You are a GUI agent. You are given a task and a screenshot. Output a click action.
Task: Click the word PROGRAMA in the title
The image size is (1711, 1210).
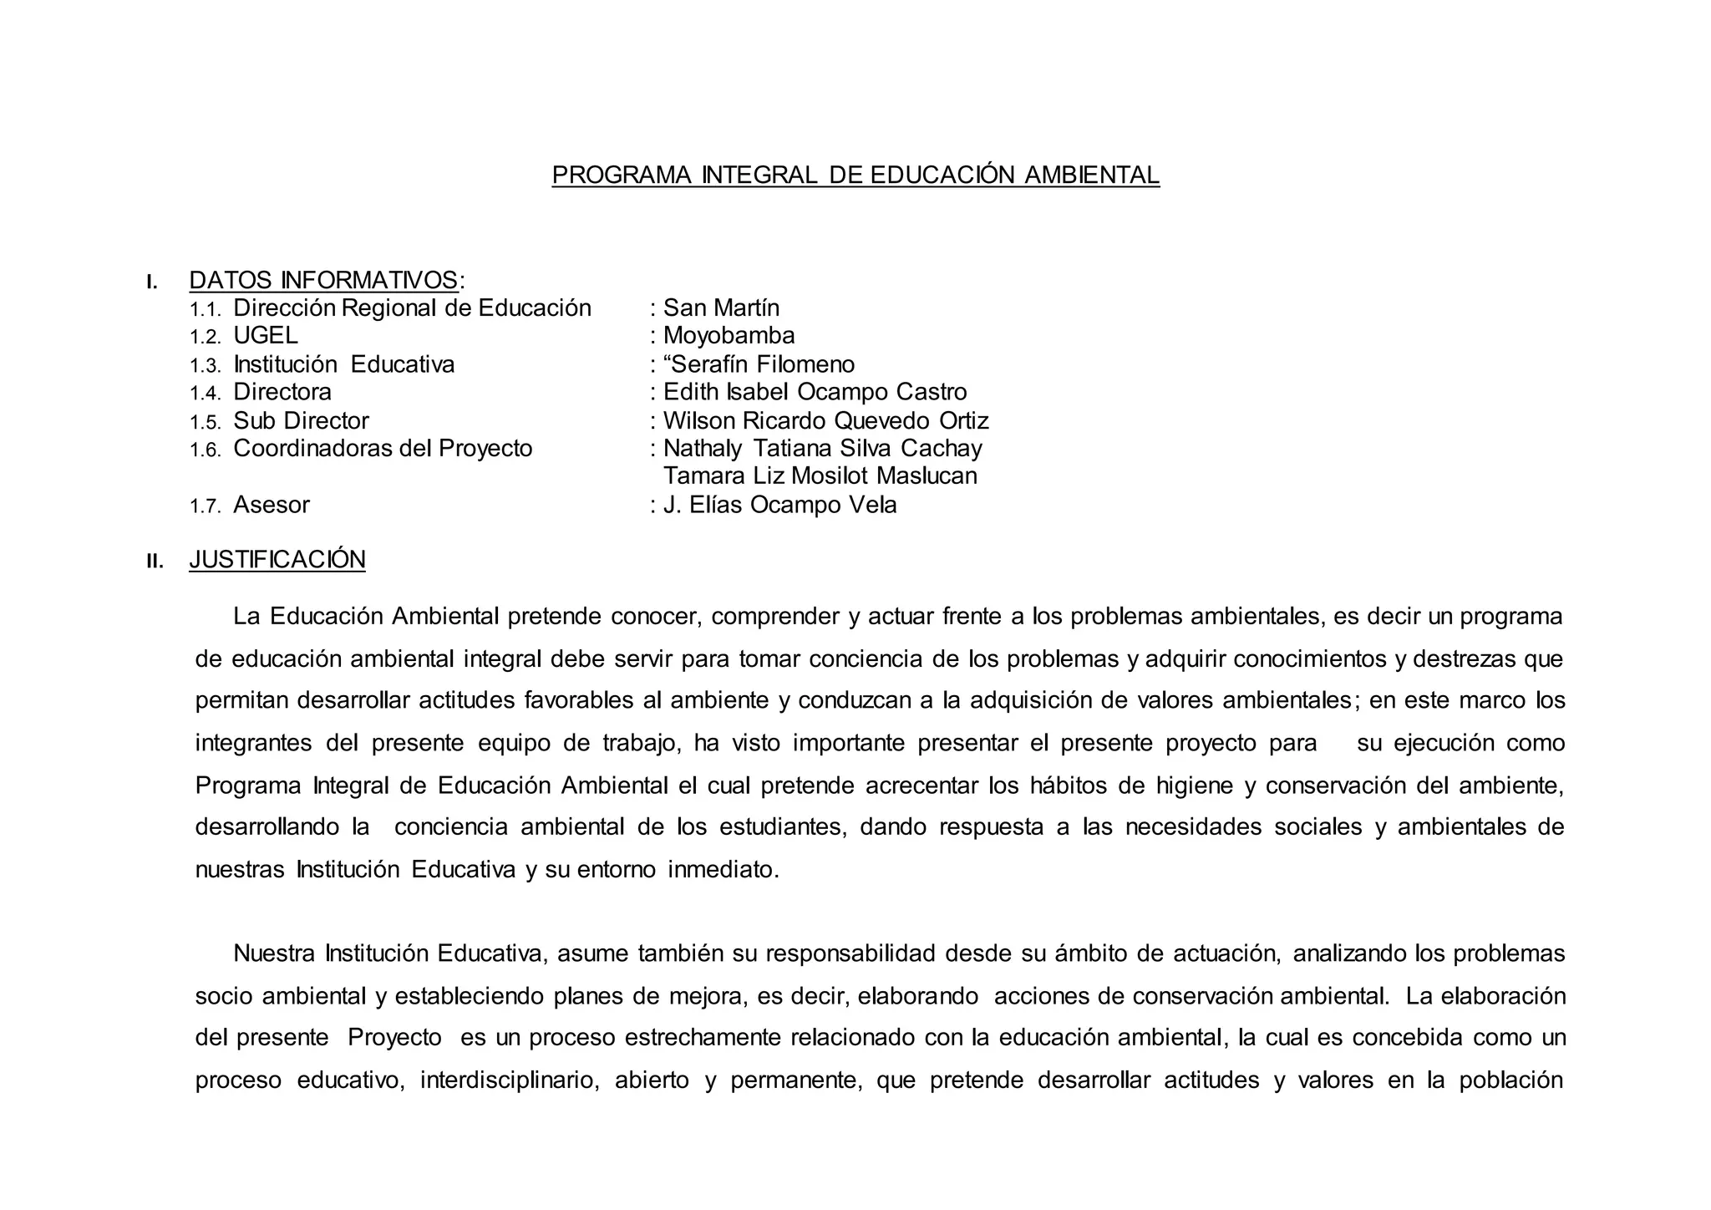622,175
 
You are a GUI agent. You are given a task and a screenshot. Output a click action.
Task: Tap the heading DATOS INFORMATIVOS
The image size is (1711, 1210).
323,280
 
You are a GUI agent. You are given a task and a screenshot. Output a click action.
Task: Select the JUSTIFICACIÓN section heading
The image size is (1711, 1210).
277,560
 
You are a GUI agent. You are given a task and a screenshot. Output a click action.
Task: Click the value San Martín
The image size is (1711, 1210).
721,308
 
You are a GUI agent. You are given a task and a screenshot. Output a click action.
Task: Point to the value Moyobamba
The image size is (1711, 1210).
729,336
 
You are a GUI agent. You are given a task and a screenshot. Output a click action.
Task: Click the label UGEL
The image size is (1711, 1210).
265,336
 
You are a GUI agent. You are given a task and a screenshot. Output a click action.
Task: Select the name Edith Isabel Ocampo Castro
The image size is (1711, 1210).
815,392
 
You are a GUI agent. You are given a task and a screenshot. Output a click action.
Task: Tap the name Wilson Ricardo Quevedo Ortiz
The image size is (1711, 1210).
825,420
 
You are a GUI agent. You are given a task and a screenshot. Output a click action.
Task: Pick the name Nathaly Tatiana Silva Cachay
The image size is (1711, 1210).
822,449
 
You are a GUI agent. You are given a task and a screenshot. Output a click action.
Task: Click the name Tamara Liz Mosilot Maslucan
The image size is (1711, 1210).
820,476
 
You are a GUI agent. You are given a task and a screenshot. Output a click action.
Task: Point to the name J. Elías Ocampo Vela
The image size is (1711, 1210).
779,505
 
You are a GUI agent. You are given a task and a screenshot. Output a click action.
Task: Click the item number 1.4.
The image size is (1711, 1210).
205,394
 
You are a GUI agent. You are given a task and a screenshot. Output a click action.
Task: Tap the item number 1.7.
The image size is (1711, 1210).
205,506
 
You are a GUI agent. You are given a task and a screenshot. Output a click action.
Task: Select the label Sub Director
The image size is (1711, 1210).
301,420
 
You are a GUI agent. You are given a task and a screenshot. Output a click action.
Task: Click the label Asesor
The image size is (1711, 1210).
271,505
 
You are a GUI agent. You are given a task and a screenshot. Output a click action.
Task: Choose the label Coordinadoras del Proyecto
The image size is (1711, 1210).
383,449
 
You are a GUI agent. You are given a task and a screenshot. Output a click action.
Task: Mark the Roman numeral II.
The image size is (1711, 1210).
155,562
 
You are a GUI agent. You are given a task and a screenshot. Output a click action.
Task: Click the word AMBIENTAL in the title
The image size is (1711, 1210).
1091,175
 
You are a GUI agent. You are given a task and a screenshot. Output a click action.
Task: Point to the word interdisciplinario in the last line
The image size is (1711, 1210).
510,1080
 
